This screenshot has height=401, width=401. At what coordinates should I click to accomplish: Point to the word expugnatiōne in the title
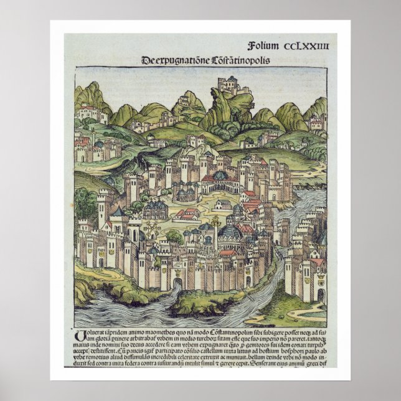(176, 60)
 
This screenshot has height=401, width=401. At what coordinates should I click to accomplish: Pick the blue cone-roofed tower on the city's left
(116, 212)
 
